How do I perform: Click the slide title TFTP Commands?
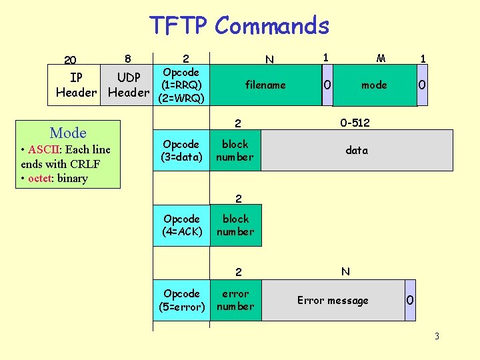pyautogui.click(x=239, y=26)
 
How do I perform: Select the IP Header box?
pyautogui.click(x=76, y=85)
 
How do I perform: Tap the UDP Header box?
pyautogui.click(x=129, y=85)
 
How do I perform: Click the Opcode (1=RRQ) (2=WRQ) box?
pyautogui.click(x=182, y=85)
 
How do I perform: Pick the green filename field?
pyautogui.click(x=265, y=85)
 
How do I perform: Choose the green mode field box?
pyautogui.click(x=373, y=85)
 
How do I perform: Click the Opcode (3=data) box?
pyautogui.click(x=181, y=151)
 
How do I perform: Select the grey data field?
pyautogui.click(x=357, y=151)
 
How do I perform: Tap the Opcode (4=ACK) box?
pyautogui.click(x=181, y=225)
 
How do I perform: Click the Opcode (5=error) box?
pyautogui.click(x=181, y=300)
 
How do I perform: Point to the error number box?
pyautogui.click(x=235, y=300)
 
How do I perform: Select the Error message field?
pyautogui.click(x=333, y=301)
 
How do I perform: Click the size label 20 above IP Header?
pyautogui.click(x=70, y=60)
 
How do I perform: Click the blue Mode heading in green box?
pyautogui.click(x=68, y=132)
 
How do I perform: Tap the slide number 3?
pyautogui.click(x=437, y=336)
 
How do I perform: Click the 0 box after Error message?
pyautogui.click(x=409, y=301)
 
